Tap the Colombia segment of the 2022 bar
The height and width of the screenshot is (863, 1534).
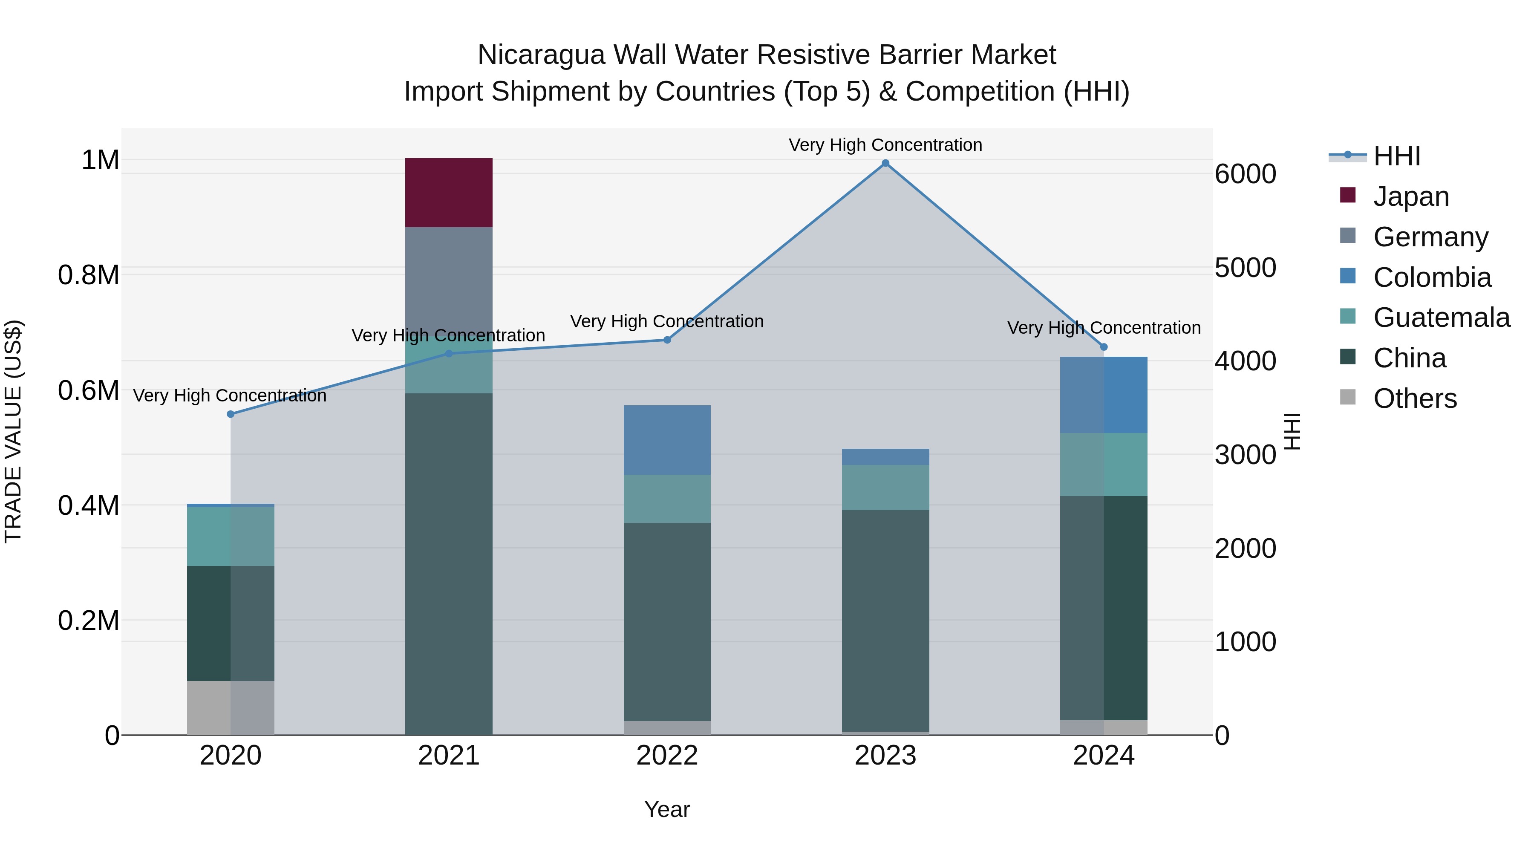click(x=667, y=439)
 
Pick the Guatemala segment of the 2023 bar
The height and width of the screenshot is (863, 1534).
click(x=885, y=487)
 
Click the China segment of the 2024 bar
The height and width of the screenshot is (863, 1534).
click(x=1104, y=607)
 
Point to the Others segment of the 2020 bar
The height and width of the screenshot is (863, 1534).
click(x=231, y=707)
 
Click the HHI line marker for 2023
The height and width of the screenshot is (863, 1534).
click(x=885, y=163)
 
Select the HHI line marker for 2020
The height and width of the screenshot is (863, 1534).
click(x=231, y=414)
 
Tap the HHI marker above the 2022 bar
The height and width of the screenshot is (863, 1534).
click(x=667, y=340)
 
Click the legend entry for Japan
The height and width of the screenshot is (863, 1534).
click(x=1411, y=196)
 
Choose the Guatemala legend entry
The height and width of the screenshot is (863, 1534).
click(x=1441, y=317)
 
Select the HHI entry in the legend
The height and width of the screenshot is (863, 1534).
click(x=1396, y=156)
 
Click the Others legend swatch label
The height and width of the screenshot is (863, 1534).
click(x=1415, y=398)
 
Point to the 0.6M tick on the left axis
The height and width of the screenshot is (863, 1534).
click(x=88, y=391)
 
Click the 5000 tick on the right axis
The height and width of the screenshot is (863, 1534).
click(x=1245, y=268)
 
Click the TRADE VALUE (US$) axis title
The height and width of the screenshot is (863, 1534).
click(x=13, y=431)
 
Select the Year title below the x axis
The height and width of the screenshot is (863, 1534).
click(x=667, y=809)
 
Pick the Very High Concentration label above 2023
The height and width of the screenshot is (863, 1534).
click(x=885, y=145)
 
